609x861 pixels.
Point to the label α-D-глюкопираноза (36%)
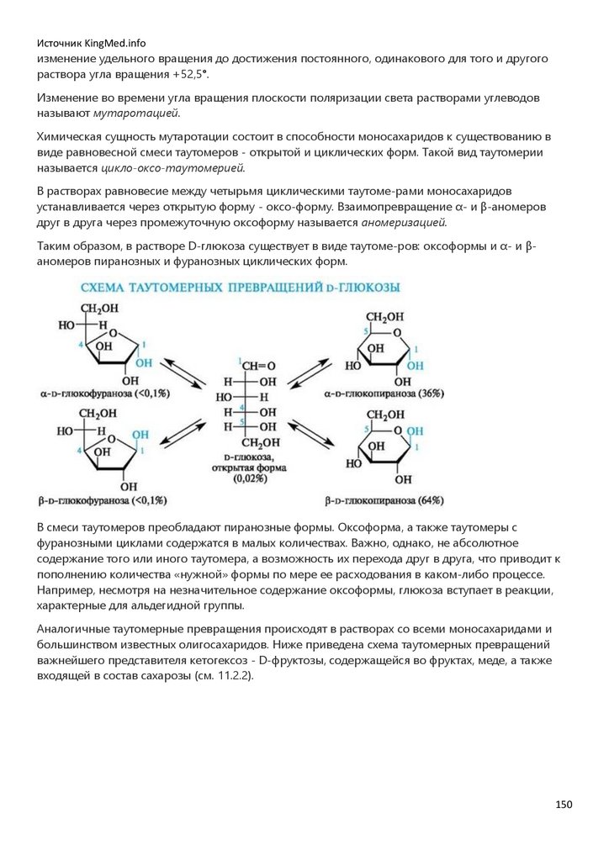(384, 393)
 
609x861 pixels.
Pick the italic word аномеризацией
(405, 223)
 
